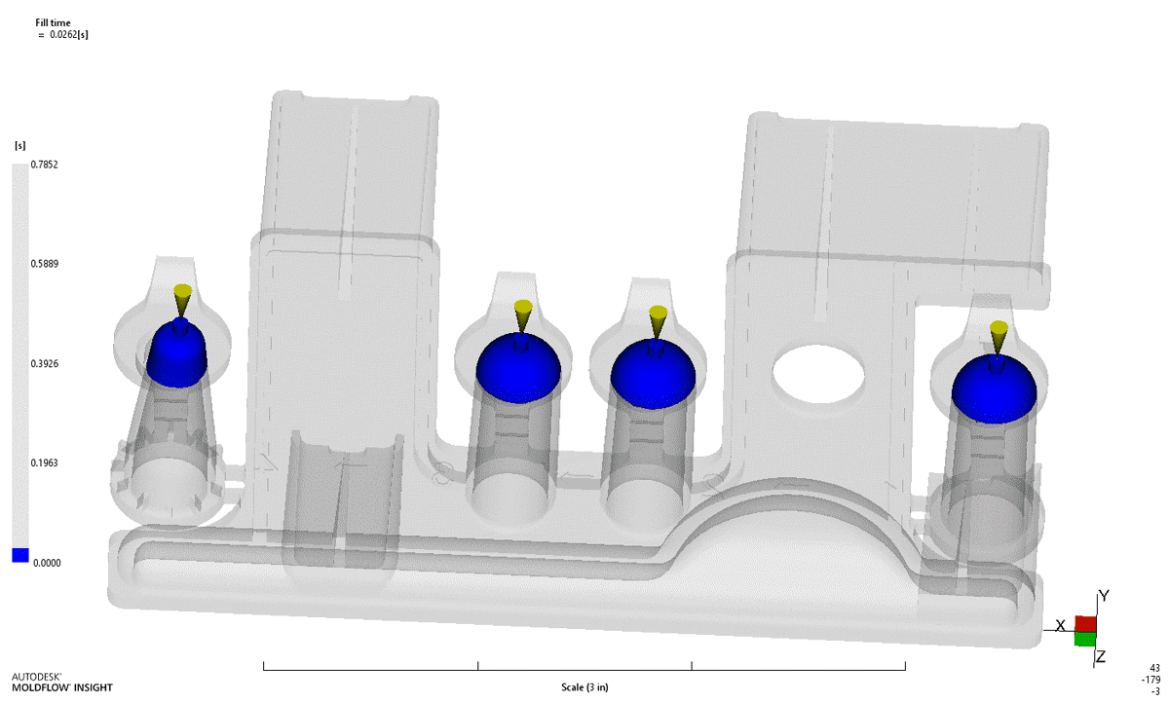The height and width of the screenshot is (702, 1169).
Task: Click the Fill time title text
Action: (x=53, y=22)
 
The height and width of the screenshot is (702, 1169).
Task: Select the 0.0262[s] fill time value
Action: (x=69, y=34)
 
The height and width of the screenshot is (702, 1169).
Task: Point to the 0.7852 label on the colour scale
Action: (x=45, y=165)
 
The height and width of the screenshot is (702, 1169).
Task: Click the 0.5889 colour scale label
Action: (x=45, y=264)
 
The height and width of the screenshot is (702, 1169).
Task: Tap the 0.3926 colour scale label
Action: (x=45, y=363)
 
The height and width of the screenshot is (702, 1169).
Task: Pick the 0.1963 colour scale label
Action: (x=45, y=462)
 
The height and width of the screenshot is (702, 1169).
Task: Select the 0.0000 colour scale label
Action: (x=47, y=563)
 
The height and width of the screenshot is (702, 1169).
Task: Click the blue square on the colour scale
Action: (x=20, y=555)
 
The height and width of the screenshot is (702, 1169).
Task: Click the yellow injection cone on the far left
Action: (x=183, y=300)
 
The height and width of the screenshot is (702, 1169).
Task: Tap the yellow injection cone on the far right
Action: (x=999, y=337)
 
